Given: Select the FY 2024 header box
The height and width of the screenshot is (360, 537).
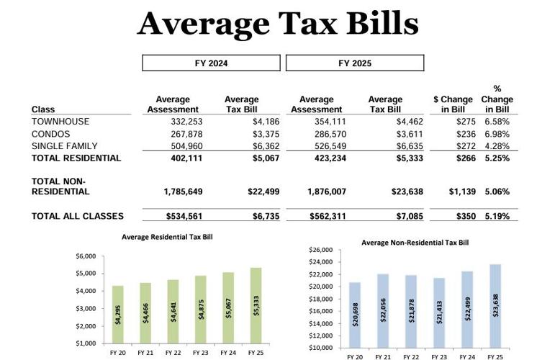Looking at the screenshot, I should click(211, 63).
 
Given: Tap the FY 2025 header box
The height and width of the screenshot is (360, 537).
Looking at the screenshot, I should click(355, 63).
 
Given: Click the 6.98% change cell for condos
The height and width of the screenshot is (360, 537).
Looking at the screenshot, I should click(496, 134).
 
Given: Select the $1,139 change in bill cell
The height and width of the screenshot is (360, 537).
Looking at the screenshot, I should click(456, 192).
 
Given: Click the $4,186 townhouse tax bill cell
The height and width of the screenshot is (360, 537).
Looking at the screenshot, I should click(263, 122).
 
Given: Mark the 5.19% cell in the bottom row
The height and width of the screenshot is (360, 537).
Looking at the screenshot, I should click(496, 216).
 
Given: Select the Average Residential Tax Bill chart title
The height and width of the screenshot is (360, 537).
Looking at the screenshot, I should click(167, 236).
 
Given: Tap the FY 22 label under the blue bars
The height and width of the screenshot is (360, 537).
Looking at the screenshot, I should click(410, 356).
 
